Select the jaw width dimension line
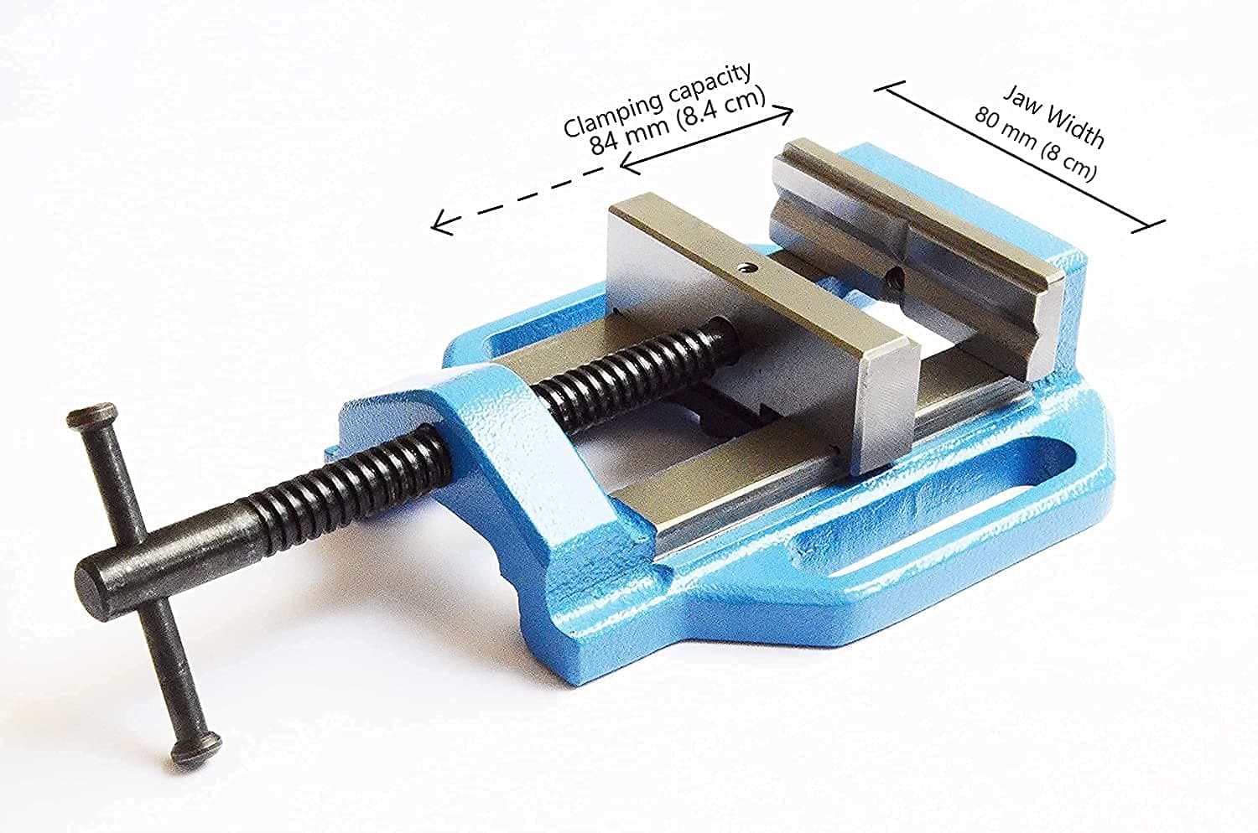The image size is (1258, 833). (1019, 155)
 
